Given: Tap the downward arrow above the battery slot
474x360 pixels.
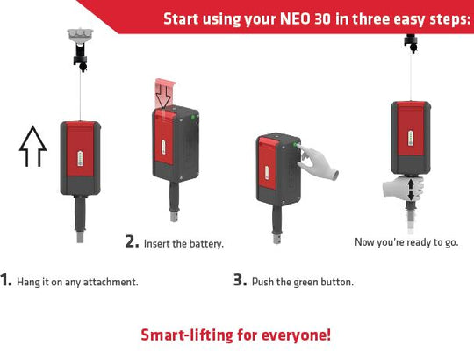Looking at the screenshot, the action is point(163,97).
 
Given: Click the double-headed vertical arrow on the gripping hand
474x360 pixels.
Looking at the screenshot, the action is point(411,191).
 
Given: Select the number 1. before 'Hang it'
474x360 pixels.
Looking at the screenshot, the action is point(6,279).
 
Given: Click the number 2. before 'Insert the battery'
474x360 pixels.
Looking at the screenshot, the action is point(132,241).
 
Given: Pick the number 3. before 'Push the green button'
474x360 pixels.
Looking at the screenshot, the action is point(240,279).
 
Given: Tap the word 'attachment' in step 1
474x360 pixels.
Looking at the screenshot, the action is point(111,282).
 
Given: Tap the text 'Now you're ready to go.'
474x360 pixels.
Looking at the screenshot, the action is point(406,242).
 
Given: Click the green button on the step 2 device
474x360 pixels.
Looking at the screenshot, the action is point(192,117).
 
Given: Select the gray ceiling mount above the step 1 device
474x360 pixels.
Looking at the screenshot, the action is point(80,36).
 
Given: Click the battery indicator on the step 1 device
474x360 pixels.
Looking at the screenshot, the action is point(80,158).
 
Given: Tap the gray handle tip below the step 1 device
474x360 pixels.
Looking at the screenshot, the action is point(80,237).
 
